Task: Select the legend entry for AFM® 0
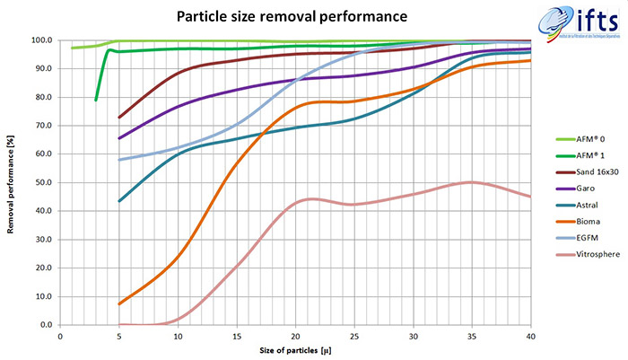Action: (x=583, y=137)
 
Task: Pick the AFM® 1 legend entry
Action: (x=583, y=154)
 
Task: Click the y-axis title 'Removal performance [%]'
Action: (x=11, y=182)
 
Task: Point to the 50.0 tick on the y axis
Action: (x=41, y=182)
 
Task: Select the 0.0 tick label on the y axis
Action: (x=43, y=325)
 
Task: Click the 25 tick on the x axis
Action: (x=354, y=336)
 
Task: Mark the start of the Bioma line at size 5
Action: (x=119, y=303)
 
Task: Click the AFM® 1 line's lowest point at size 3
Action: (x=96, y=100)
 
